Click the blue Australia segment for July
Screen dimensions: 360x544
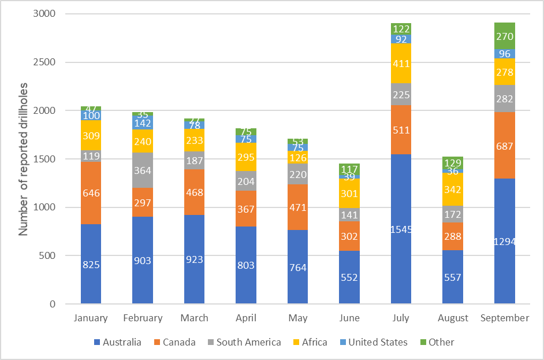401,229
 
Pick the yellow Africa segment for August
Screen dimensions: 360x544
452,189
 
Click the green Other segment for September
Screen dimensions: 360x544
504,36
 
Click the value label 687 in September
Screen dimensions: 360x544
504,147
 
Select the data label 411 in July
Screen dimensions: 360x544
401,64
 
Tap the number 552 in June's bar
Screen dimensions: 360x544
349,277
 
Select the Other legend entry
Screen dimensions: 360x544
436,342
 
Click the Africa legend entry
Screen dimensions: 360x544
309,342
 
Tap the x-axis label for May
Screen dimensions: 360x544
297,318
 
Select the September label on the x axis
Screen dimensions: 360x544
504,318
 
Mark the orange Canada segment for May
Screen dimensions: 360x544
297,207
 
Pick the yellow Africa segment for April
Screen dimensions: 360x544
246,157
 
